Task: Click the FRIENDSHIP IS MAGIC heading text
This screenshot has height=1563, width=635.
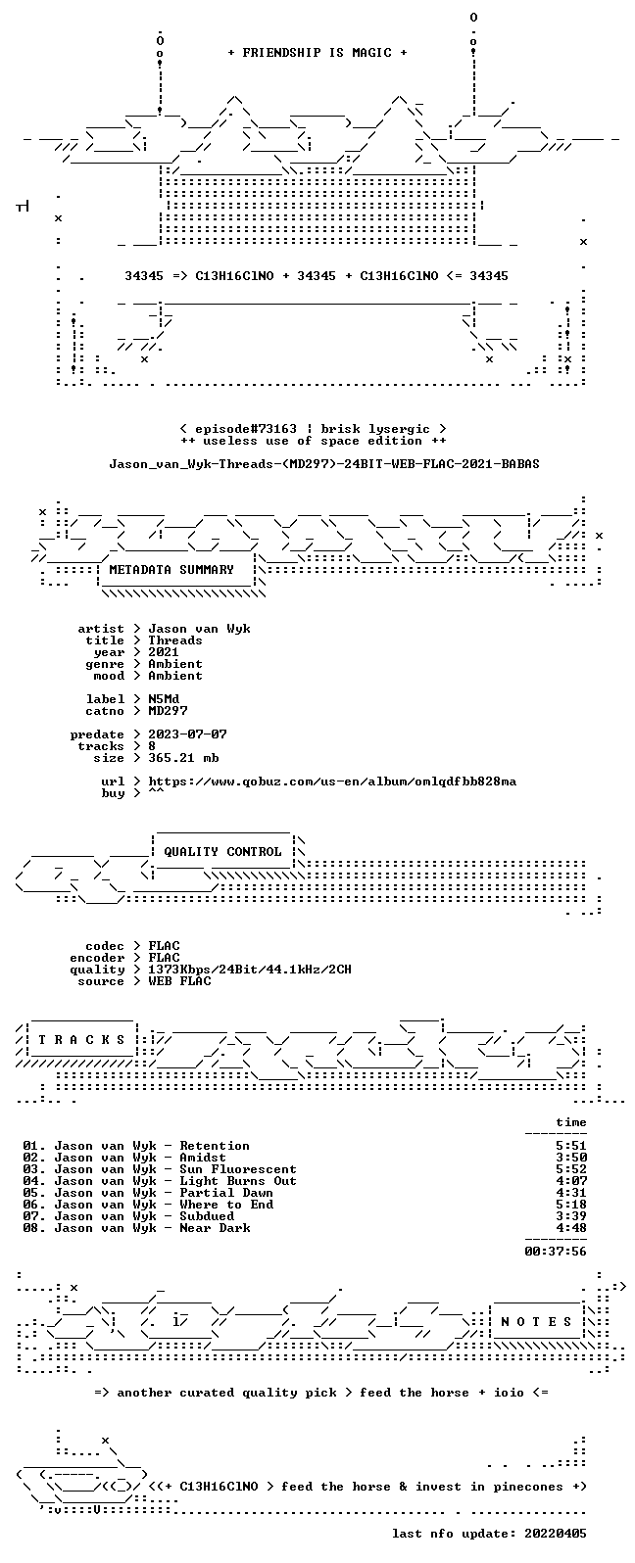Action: pyautogui.click(x=317, y=53)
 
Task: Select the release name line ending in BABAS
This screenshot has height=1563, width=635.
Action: pyautogui.click(x=324, y=464)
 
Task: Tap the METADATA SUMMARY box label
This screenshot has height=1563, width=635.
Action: pyautogui.click(x=171, y=570)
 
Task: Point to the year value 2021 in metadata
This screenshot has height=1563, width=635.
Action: pyautogui.click(x=164, y=652)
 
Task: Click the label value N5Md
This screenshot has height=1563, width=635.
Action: pyautogui.click(x=164, y=699)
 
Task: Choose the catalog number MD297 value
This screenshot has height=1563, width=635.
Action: pyautogui.click(x=168, y=711)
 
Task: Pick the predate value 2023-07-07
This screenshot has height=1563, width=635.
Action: pyautogui.click(x=187, y=734)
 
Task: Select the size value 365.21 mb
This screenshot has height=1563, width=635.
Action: pyautogui.click(x=183, y=758)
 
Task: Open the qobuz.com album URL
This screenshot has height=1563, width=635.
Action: pyautogui.click(x=332, y=782)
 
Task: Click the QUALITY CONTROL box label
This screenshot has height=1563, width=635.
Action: pyautogui.click(x=222, y=852)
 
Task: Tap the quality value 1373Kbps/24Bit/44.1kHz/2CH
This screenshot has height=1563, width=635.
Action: pyautogui.click(x=249, y=970)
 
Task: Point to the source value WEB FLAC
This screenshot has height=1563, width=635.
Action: pyautogui.click(x=179, y=981)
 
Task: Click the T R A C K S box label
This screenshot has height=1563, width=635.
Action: pyautogui.click(x=81, y=1040)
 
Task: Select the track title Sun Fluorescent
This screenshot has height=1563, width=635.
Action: pyautogui.click(x=238, y=1169)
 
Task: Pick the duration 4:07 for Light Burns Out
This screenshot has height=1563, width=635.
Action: pyautogui.click(x=571, y=1181)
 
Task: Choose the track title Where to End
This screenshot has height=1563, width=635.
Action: pyautogui.click(x=226, y=1205)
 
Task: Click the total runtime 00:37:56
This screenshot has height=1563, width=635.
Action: pyautogui.click(x=556, y=1252)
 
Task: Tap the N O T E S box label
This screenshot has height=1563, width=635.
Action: pyautogui.click(x=536, y=1322)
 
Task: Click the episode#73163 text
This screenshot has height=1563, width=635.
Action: pyautogui.click(x=246, y=429)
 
